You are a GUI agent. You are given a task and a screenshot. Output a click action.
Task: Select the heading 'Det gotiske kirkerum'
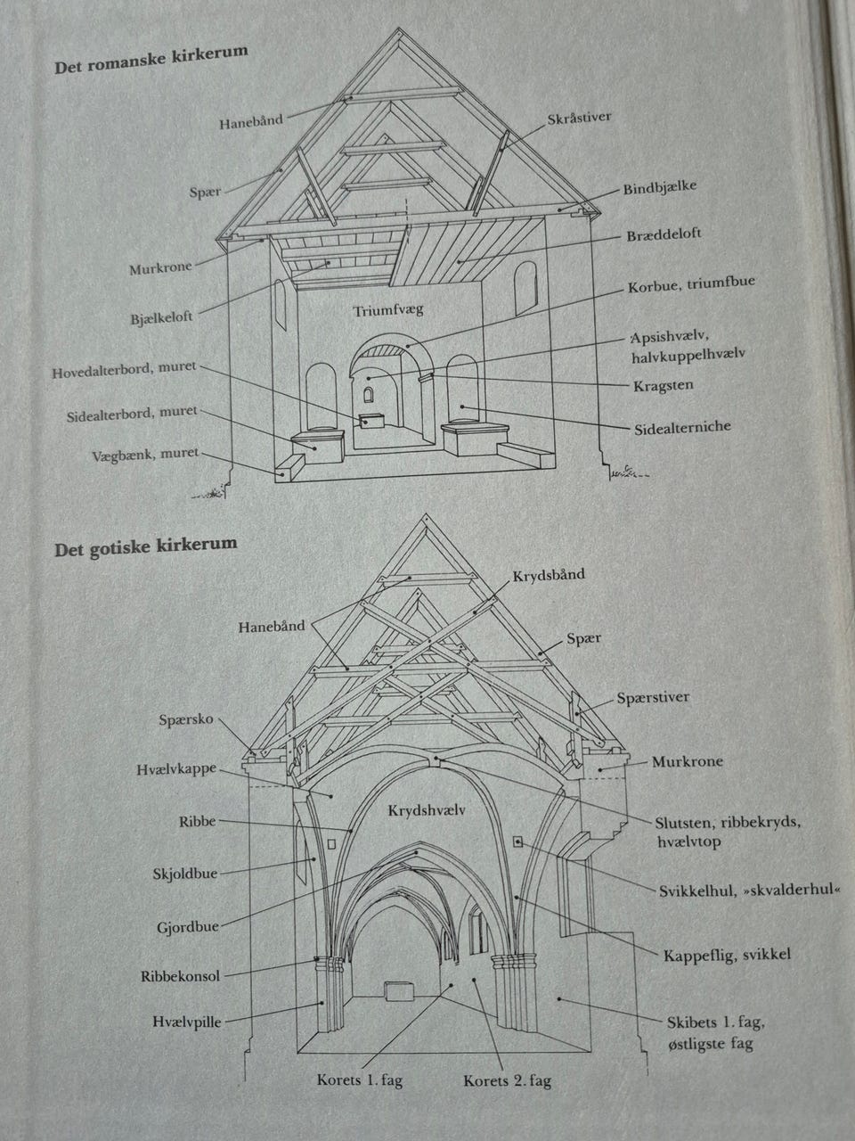click(145, 546)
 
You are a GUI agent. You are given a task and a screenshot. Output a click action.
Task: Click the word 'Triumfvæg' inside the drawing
click(388, 311)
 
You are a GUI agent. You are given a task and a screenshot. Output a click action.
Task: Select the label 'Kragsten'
click(663, 386)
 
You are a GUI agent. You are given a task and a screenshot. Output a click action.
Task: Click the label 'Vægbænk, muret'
click(145, 455)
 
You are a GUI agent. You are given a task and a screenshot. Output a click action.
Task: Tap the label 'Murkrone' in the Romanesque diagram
click(160, 267)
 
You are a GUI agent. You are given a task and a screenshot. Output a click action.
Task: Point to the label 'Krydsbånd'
click(549, 575)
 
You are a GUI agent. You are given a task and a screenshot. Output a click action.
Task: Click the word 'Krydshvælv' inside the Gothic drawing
click(427, 811)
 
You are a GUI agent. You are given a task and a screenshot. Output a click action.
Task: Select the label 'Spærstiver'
click(653, 697)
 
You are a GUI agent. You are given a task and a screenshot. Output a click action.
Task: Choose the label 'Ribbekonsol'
click(180, 976)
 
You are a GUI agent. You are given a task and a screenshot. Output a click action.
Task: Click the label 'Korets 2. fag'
click(507, 1081)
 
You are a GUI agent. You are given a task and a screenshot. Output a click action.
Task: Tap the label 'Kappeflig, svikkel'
click(727, 955)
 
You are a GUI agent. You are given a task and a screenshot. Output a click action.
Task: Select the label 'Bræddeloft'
click(664, 234)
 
